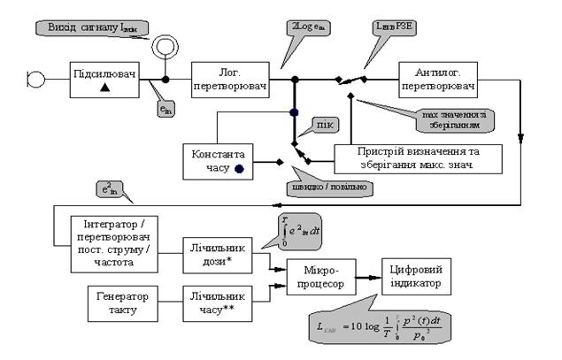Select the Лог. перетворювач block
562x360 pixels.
pos(227,79)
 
